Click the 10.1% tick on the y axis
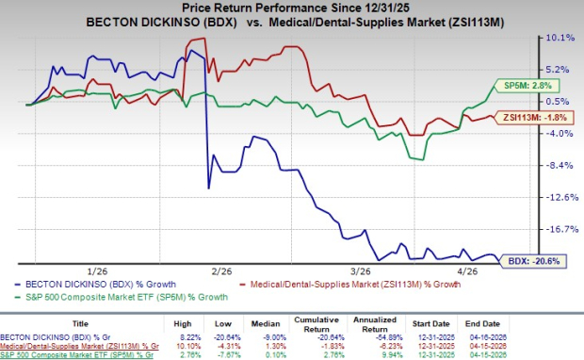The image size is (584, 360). click(x=560, y=38)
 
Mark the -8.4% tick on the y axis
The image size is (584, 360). click(x=560, y=165)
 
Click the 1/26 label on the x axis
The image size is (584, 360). click(x=97, y=270)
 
